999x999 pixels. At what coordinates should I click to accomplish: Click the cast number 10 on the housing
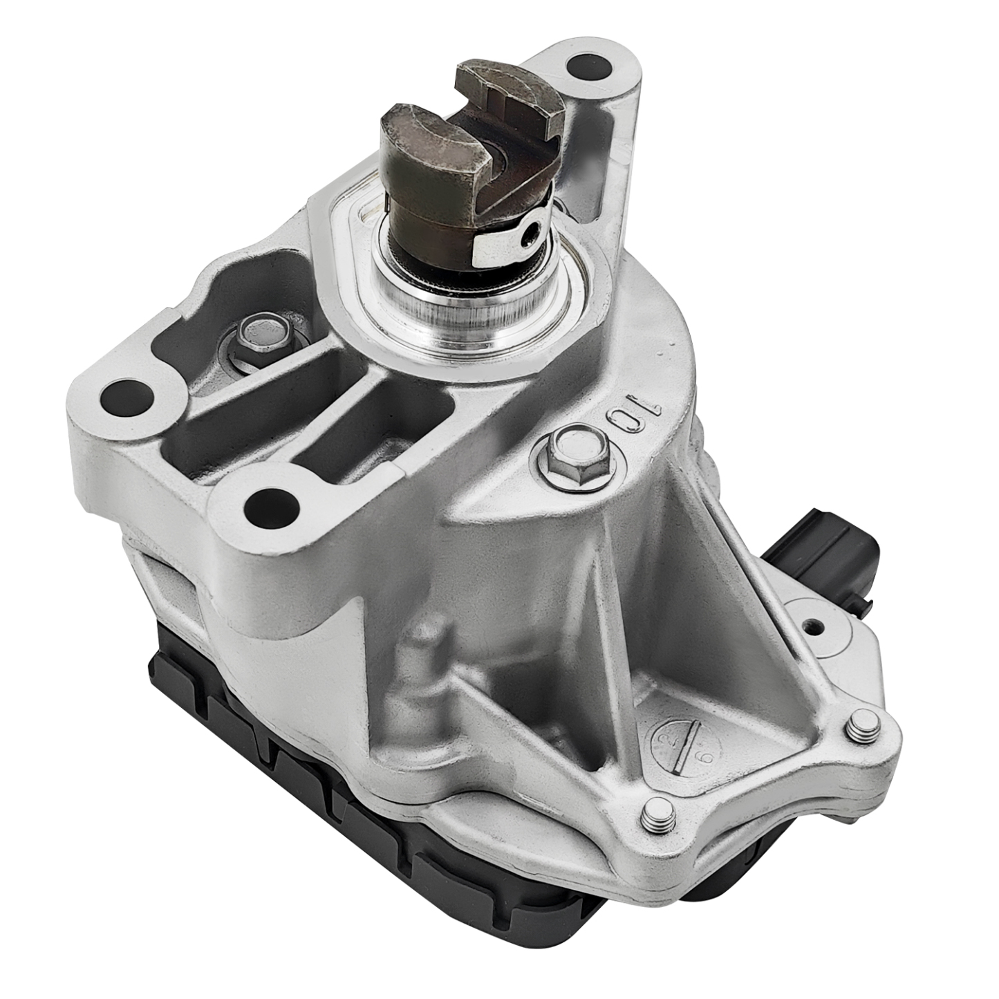[635, 411]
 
